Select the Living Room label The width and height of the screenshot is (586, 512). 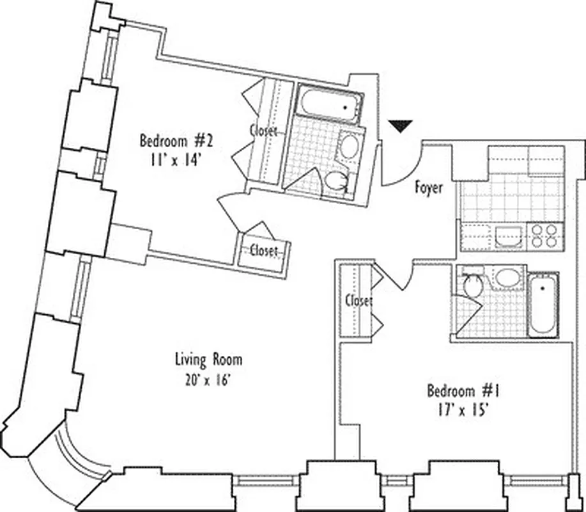pyautogui.click(x=208, y=360)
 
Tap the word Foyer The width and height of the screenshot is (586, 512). pyautogui.click(x=429, y=188)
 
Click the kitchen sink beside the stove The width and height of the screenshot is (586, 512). pyautogui.click(x=510, y=236)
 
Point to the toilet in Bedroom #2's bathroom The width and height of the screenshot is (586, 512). pyautogui.click(x=337, y=182)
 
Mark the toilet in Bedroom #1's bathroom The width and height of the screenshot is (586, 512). pyautogui.click(x=474, y=285)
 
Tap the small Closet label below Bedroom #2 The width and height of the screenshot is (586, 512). pyautogui.click(x=264, y=250)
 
